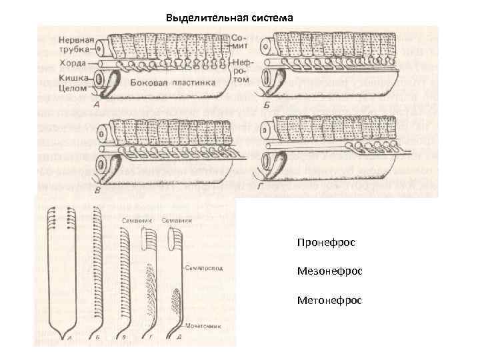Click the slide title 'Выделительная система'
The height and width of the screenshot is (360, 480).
tap(229, 17)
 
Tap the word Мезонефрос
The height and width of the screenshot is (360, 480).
tap(329, 271)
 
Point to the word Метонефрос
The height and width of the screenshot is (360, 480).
tap(329, 301)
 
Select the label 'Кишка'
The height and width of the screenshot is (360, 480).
tap(70, 77)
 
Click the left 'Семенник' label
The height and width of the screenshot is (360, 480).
tap(136, 219)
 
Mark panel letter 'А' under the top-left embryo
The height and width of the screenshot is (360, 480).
tap(97, 105)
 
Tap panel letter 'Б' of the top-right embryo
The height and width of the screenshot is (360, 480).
tap(267, 105)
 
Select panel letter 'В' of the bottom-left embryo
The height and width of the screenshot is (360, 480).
tap(98, 191)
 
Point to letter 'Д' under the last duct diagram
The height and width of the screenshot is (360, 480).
tap(177, 339)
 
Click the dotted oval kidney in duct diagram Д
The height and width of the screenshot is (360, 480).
tap(175, 300)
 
